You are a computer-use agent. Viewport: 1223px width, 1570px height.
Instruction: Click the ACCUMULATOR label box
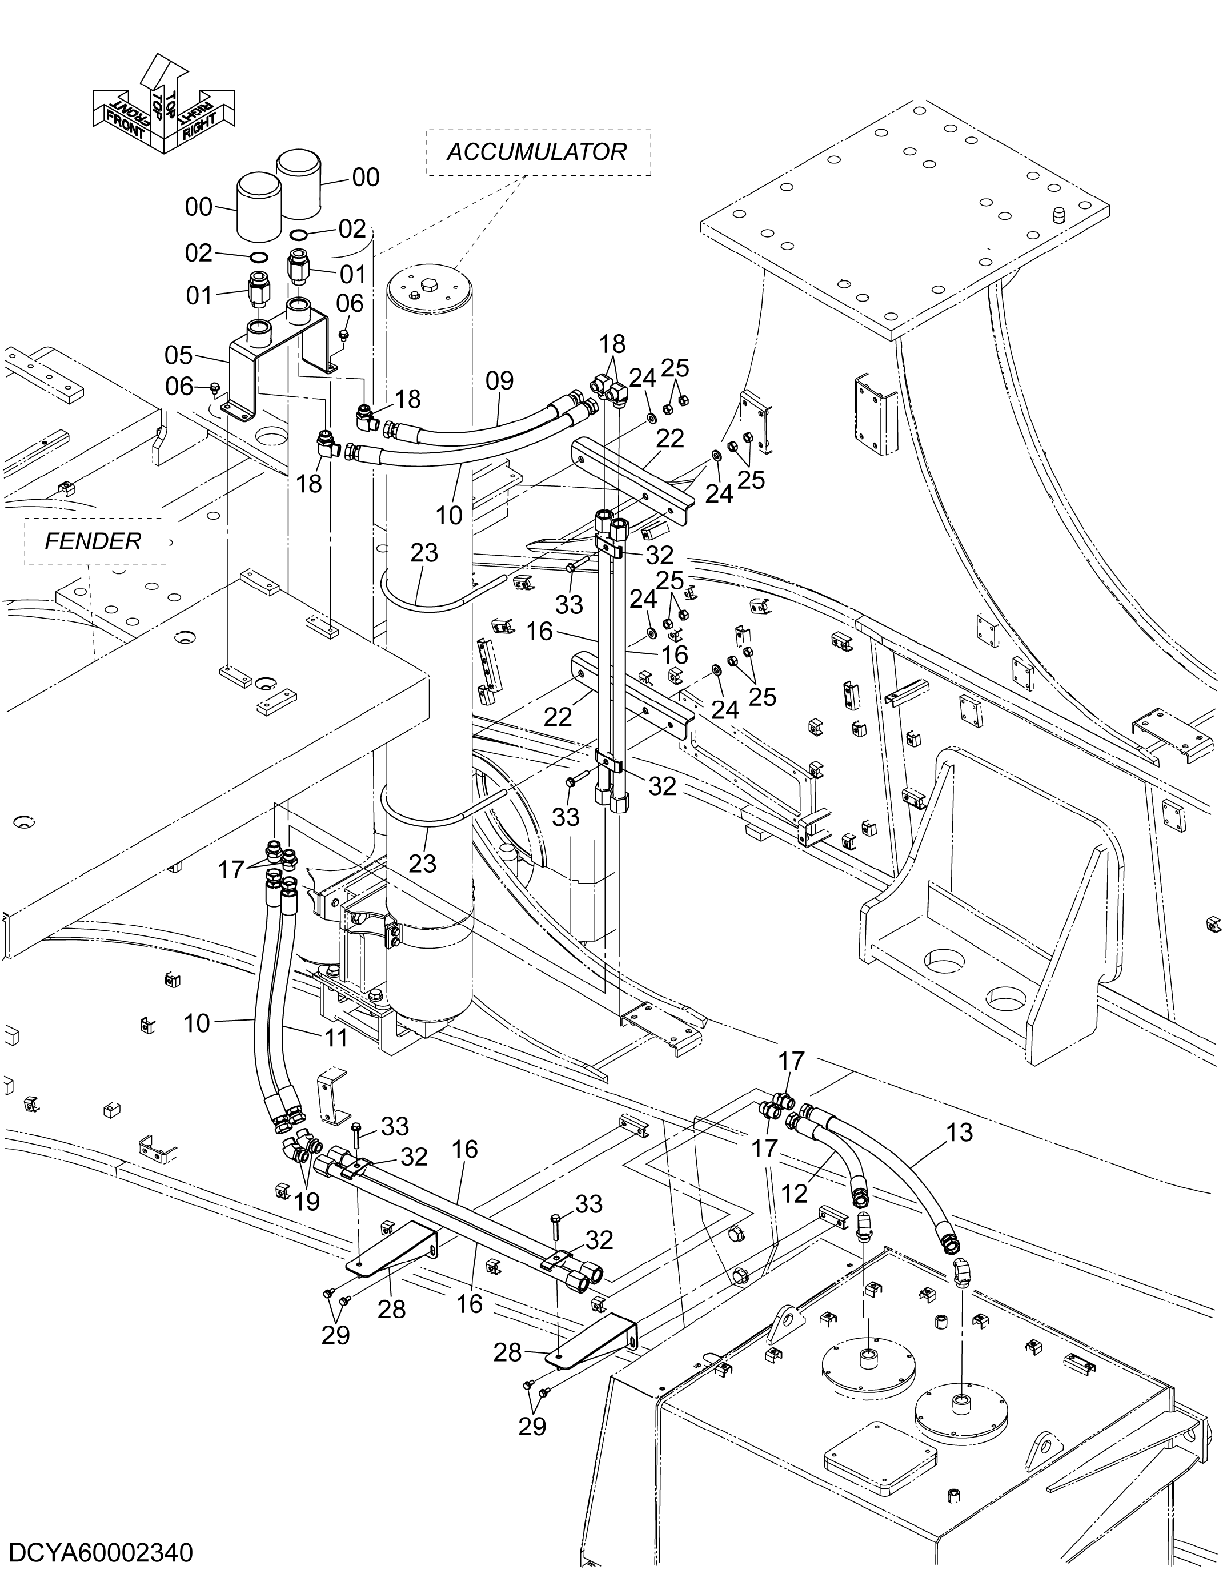click(537, 152)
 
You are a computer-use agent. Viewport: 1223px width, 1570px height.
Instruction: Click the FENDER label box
click(94, 541)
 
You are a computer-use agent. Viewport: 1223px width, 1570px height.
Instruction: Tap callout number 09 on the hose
click(499, 380)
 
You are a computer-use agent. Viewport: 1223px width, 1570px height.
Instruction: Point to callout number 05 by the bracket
click(179, 355)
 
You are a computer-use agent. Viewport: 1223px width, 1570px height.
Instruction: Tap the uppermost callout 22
click(670, 438)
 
